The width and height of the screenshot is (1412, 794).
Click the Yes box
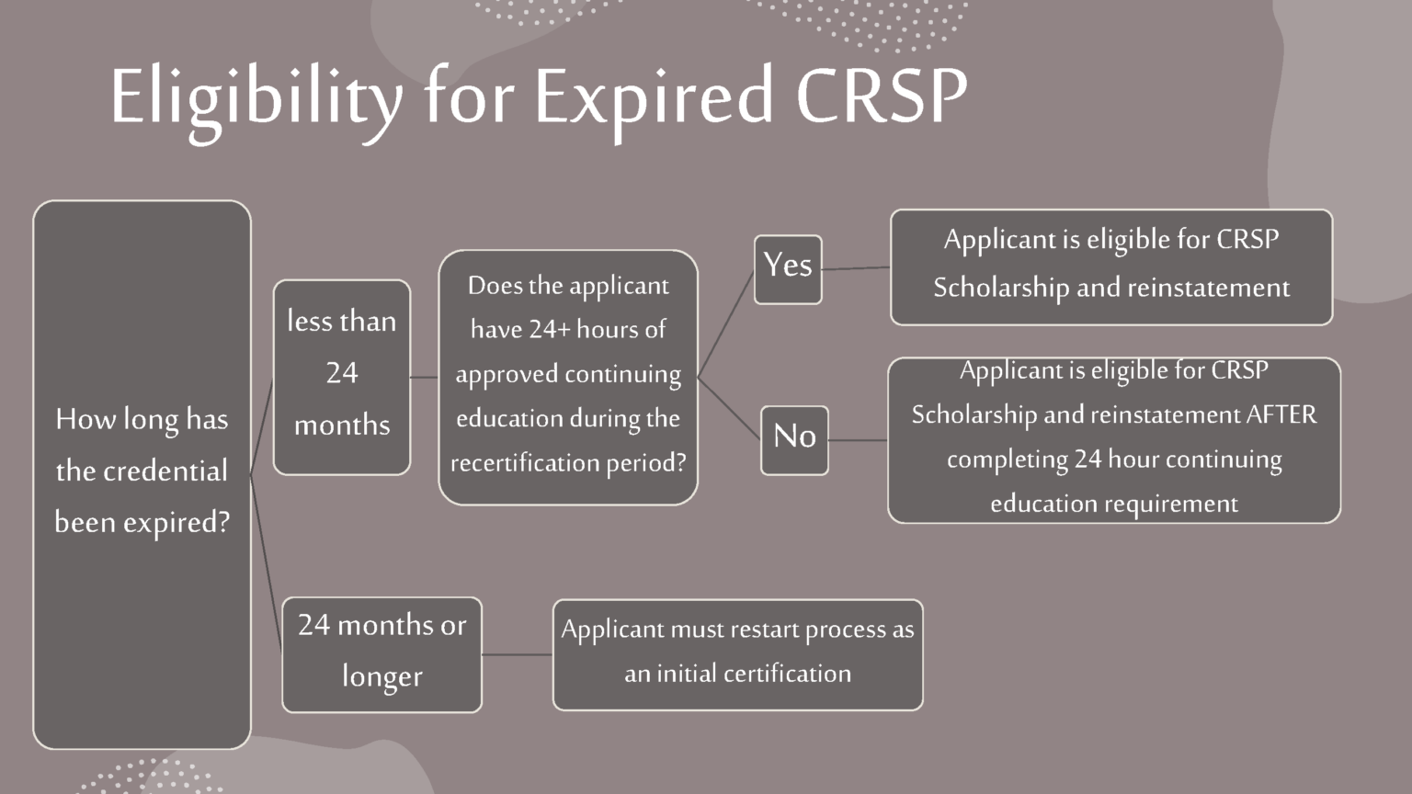coord(788,269)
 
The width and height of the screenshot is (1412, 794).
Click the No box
coord(794,440)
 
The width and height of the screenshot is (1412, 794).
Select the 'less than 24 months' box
coord(342,377)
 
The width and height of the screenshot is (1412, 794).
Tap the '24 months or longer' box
coord(381,654)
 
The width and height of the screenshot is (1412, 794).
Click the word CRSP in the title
coord(882,96)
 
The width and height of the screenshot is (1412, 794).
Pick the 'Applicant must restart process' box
coord(737,654)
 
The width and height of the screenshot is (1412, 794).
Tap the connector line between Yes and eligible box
coord(856,268)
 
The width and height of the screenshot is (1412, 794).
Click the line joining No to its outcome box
coord(858,440)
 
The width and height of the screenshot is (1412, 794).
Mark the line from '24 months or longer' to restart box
coord(517,654)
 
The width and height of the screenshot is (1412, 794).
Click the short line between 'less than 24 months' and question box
coord(424,377)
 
